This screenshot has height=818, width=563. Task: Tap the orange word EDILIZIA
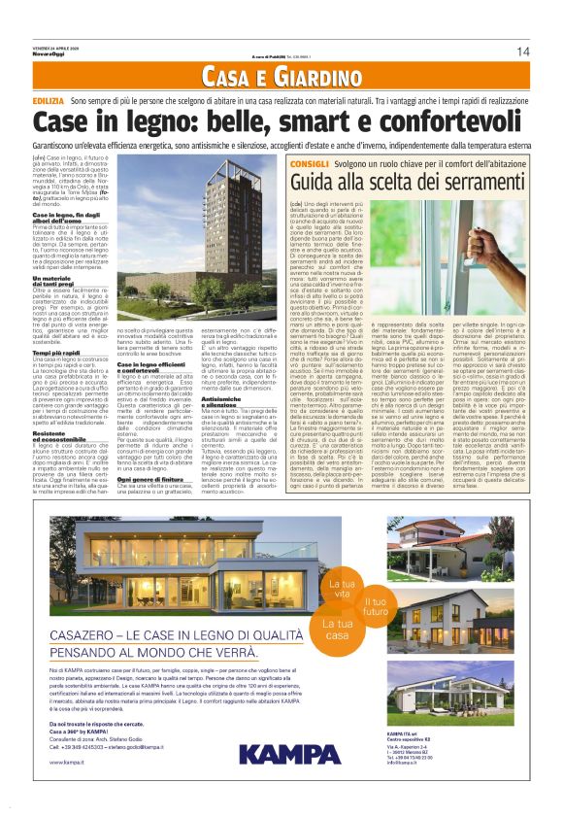(x=49, y=101)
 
